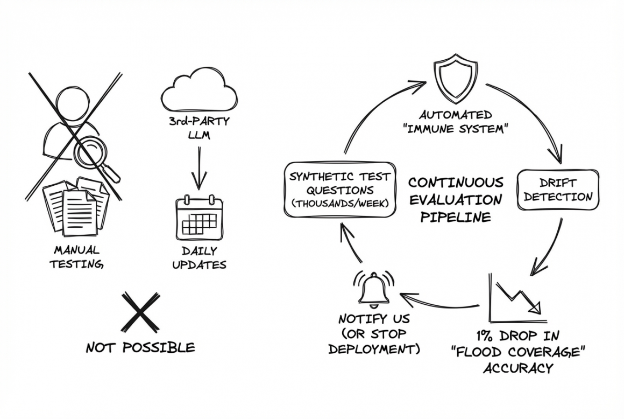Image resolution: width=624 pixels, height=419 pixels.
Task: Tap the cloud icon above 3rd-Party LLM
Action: pos(199,93)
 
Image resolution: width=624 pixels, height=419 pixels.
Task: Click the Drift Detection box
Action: pos(558,190)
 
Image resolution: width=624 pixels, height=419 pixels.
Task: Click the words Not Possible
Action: pos(140,348)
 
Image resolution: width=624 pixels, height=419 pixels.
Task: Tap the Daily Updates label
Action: pos(199,257)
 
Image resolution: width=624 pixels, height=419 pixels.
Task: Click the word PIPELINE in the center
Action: pos(455,218)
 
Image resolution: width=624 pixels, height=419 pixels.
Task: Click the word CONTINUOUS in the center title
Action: pos(456,183)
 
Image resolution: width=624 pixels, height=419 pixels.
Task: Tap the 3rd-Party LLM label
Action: pos(199,128)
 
